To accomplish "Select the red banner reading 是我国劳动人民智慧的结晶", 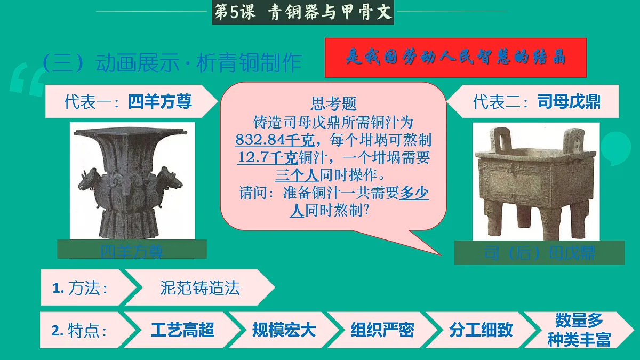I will pos(455,58).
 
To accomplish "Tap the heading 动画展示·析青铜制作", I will pos(199,63).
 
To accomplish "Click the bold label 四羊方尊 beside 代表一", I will pos(160,101).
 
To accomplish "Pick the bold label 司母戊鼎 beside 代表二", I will pos(569,101).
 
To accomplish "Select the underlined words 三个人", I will pos(297,175).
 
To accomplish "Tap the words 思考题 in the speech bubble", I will pos(333,103).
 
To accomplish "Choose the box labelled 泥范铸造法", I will pos(200,288).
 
